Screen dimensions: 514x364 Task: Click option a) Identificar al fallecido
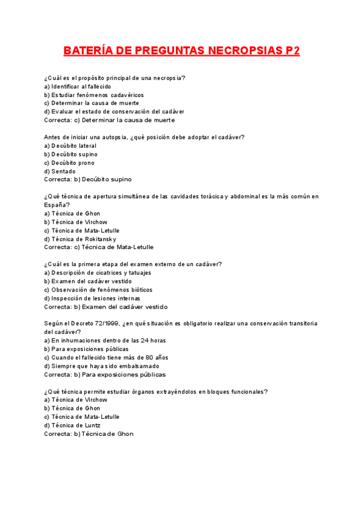click(x=78, y=87)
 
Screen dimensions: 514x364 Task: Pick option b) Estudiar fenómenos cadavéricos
click(x=93, y=95)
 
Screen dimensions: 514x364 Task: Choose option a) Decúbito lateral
click(x=70, y=146)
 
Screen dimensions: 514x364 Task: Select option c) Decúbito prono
click(x=69, y=163)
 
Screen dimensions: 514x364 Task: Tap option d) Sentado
click(x=59, y=172)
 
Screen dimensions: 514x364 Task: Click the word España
click(x=56, y=205)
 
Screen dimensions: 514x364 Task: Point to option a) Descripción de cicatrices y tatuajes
click(x=98, y=273)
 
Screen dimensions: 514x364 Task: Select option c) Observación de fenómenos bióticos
click(x=98, y=290)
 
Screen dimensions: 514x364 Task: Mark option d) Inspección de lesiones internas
click(x=92, y=298)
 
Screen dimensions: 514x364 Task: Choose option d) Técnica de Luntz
click(x=72, y=426)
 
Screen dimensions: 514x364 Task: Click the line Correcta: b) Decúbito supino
click(x=88, y=179)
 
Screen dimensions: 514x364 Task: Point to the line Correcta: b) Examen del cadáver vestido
click(x=106, y=307)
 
